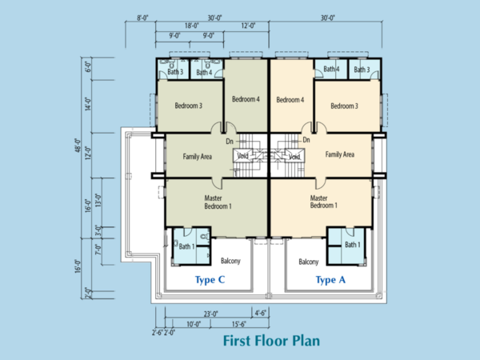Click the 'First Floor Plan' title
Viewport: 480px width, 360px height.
[x=271, y=341]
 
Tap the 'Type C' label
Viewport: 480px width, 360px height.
[x=210, y=280]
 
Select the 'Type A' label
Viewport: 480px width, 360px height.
[x=330, y=280]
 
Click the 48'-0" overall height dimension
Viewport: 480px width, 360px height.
[x=78, y=146]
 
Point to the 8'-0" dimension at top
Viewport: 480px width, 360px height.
[x=142, y=18]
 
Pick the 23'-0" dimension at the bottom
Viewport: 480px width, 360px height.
[x=211, y=314]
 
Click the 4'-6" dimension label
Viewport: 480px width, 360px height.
[x=261, y=313]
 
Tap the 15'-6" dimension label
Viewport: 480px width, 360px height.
[x=238, y=324]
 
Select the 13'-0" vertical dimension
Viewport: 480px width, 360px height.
[x=98, y=200]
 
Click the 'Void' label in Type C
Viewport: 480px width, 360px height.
[x=242, y=156]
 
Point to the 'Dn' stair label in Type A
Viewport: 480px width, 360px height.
[x=306, y=140]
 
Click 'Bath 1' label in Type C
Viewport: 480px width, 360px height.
[x=186, y=246]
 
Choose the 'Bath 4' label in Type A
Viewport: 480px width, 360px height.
[x=331, y=69]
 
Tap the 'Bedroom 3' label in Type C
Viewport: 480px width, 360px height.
[x=189, y=106]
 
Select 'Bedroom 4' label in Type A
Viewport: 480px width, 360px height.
[x=290, y=100]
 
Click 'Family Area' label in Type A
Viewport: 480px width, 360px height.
[x=340, y=154]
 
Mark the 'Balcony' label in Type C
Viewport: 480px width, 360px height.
[x=230, y=261]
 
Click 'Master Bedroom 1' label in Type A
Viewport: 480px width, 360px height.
[x=324, y=202]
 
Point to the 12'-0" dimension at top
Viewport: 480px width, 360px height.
[x=248, y=26]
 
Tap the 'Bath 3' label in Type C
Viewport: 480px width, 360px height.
[x=175, y=72]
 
